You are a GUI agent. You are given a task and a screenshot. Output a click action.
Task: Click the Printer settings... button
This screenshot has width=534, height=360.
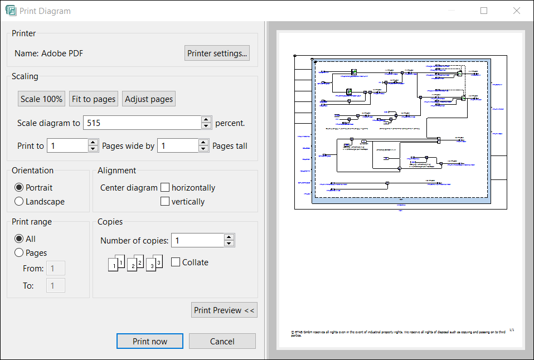[217, 53]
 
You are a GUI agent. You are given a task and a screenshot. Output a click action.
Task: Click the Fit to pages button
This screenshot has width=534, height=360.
[94, 99]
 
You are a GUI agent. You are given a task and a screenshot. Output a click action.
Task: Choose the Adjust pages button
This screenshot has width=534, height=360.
[149, 99]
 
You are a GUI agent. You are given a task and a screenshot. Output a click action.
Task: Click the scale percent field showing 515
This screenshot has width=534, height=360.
[142, 123]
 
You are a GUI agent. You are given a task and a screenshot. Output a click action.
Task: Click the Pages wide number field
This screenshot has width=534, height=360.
[67, 146]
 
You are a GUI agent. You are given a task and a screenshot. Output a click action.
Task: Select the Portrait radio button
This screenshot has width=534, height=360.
[20, 188]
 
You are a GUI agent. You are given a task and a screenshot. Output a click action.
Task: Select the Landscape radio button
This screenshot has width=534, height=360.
[20, 202]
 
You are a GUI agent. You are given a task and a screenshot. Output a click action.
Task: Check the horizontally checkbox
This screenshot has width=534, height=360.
[165, 188]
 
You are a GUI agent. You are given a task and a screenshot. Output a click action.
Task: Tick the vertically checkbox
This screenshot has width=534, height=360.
[165, 202]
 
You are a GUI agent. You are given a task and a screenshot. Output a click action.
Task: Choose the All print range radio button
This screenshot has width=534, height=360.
[20, 239]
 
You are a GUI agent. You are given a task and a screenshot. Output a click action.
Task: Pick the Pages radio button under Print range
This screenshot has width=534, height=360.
[20, 253]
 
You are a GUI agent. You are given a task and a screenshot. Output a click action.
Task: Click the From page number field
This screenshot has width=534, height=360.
[56, 269]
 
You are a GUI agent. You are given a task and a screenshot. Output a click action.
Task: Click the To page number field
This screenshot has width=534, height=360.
[56, 286]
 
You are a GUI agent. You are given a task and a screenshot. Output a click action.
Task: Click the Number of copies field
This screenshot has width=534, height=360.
[197, 241]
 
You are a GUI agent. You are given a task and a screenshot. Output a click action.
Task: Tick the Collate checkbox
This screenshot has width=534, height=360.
[176, 262]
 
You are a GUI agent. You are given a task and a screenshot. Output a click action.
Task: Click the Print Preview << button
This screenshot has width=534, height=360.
[224, 310]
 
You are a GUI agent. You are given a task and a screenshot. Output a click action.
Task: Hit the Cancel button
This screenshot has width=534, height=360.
[222, 341]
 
